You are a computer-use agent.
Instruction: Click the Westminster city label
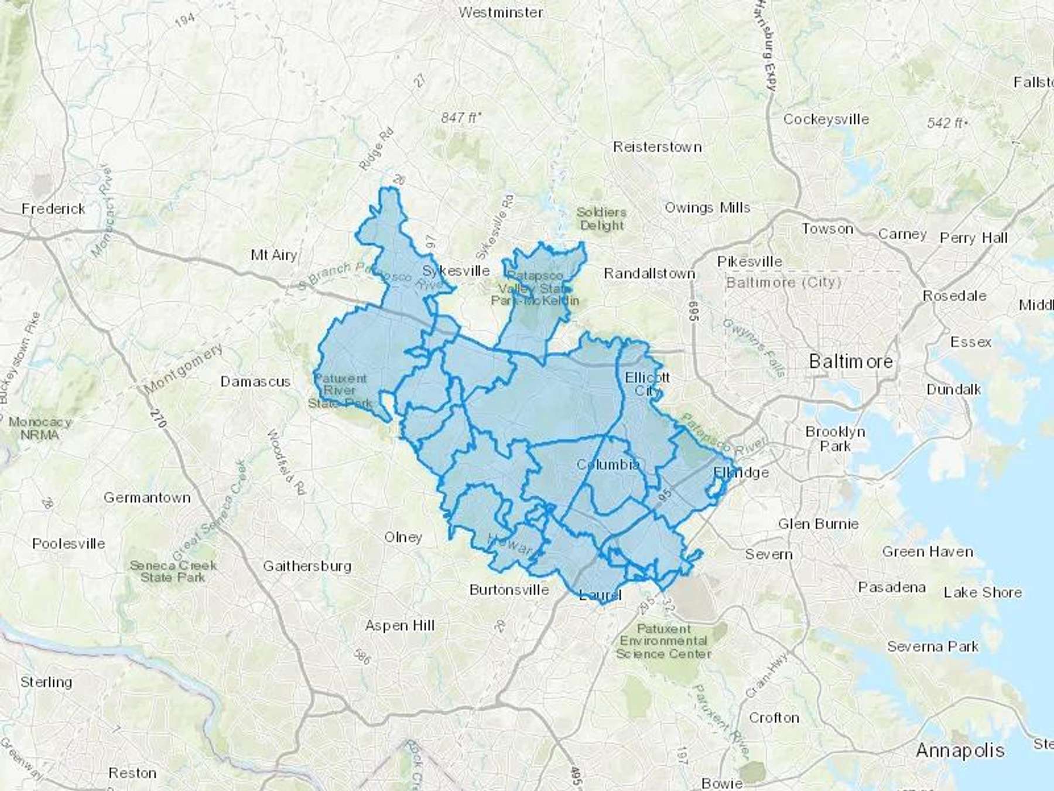[501, 12]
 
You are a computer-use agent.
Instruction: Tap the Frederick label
[53, 209]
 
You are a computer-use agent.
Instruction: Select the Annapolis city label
[960, 750]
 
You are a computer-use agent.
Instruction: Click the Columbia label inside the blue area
[608, 465]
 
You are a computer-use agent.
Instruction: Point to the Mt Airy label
[273, 255]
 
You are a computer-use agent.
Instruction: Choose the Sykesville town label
[456, 271]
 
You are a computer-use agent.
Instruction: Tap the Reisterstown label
[657, 146]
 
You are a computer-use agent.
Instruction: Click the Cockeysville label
[826, 119]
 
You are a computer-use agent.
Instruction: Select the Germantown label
[147, 497]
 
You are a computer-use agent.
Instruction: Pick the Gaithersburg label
[307, 566]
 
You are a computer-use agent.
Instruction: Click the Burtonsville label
[509, 589]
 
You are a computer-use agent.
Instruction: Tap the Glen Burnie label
[818, 524]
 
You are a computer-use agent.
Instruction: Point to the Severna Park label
[932, 646]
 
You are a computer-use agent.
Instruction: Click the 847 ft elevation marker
[460, 118]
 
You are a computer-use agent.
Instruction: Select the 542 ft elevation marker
[946, 123]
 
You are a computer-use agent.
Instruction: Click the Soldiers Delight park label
[601, 219]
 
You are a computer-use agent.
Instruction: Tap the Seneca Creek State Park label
[173, 571]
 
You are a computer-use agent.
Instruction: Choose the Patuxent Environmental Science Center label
[663, 641]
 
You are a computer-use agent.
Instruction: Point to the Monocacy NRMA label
[40, 428]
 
